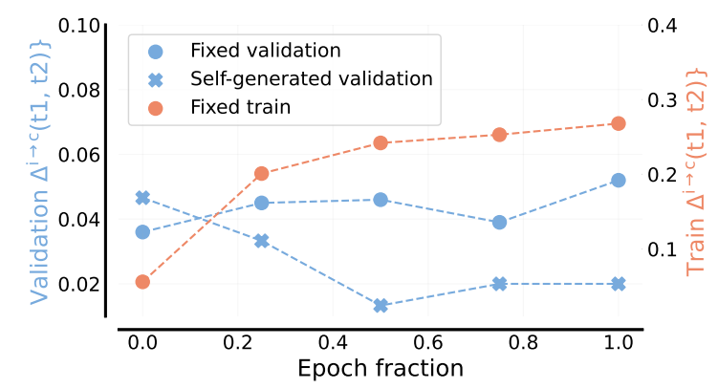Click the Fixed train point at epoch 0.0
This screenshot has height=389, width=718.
pos(142,281)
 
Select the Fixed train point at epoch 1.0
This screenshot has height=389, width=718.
pos(618,123)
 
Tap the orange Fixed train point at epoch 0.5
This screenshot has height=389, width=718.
pos(381,142)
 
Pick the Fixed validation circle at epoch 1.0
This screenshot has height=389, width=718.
pos(618,180)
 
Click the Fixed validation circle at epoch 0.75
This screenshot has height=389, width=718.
pos(499,222)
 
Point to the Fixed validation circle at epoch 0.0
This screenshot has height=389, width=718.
pos(142,231)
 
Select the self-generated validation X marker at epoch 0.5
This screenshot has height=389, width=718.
pos(381,306)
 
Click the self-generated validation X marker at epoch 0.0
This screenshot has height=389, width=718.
pos(142,198)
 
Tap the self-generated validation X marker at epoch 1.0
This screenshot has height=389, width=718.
pos(618,284)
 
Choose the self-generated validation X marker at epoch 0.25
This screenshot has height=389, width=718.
pos(261,241)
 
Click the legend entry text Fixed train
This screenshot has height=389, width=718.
pos(240,108)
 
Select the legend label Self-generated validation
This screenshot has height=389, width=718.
pos(311,78)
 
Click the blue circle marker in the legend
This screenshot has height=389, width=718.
pos(156,50)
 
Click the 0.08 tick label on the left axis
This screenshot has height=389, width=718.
pos(79,90)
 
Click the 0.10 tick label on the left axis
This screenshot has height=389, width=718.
pos(79,26)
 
